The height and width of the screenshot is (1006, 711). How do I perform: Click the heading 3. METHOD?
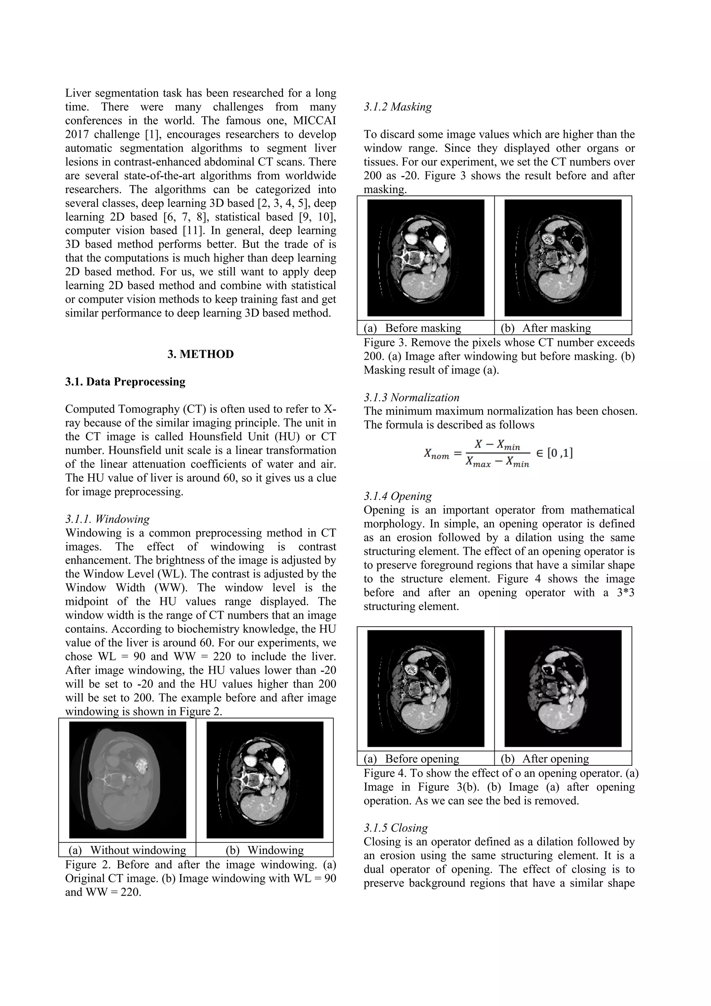(201, 354)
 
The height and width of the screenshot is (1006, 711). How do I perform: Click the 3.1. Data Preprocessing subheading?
(125, 382)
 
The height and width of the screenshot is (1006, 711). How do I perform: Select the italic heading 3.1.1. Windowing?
(107, 519)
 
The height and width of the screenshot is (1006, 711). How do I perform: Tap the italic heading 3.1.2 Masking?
(398, 107)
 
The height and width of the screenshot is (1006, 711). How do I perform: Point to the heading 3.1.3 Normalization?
(411, 397)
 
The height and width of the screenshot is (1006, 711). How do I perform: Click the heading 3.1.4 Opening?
(398, 496)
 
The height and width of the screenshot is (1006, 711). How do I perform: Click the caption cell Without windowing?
(127, 850)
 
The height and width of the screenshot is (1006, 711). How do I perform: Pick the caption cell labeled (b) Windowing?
(265, 850)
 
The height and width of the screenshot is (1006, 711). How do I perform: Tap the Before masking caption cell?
(412, 328)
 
